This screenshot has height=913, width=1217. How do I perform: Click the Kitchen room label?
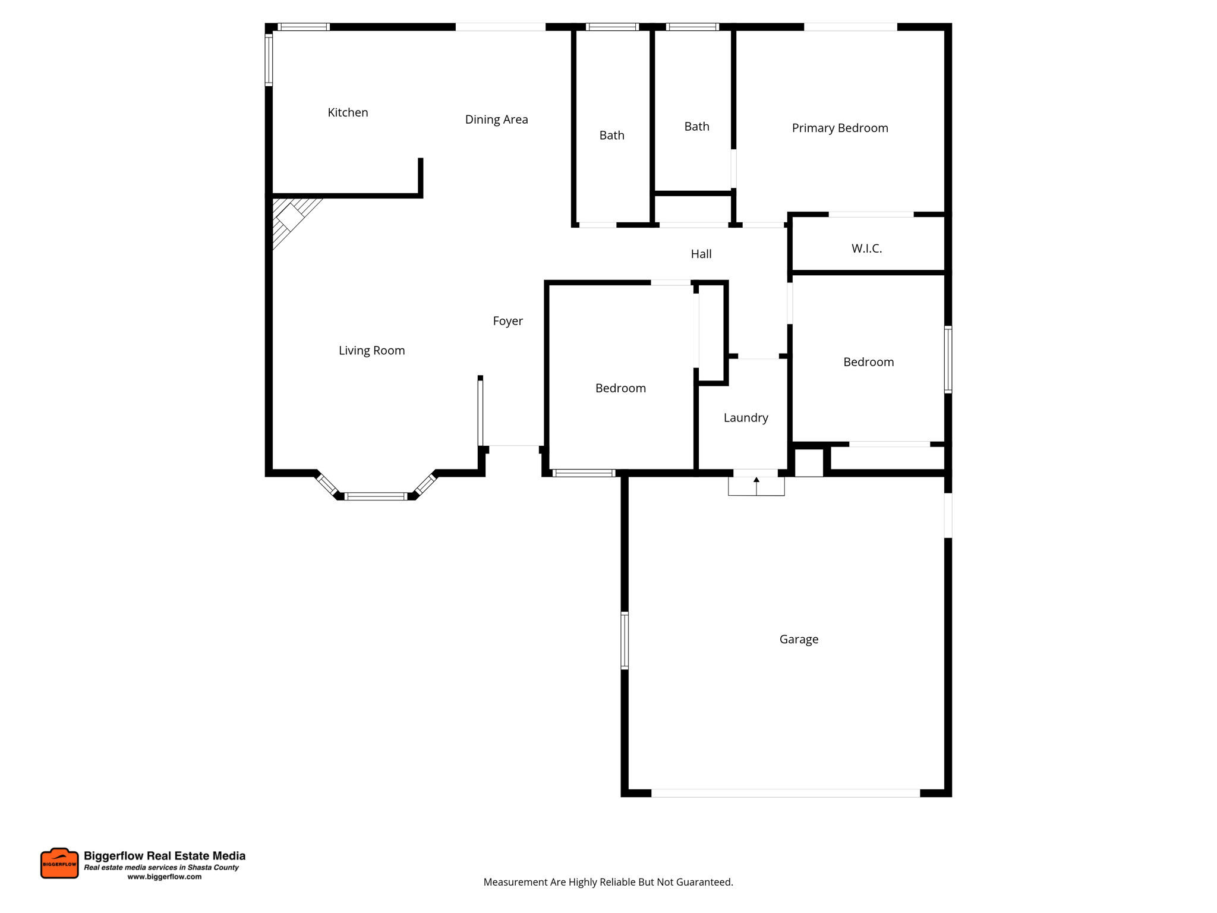click(348, 112)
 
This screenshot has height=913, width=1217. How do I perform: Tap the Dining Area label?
click(496, 119)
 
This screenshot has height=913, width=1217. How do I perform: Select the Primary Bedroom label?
click(840, 128)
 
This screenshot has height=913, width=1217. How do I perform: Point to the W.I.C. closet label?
click(866, 248)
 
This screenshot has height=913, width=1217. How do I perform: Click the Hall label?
click(701, 254)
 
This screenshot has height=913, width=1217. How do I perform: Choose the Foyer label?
click(507, 321)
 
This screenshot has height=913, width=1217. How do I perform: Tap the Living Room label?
click(371, 351)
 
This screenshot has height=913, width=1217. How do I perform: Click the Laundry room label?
click(746, 418)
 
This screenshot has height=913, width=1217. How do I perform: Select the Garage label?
click(799, 639)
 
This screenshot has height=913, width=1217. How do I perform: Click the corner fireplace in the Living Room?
click(290, 217)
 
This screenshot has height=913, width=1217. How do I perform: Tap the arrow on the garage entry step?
click(756, 480)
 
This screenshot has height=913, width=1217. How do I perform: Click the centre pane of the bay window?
click(376, 496)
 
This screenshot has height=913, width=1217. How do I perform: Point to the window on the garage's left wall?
click(625, 641)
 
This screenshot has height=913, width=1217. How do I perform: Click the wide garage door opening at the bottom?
click(785, 793)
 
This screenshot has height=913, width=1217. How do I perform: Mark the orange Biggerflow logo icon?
click(59, 863)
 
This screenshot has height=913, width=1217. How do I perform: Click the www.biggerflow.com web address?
click(165, 877)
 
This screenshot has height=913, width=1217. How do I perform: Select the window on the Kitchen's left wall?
click(269, 60)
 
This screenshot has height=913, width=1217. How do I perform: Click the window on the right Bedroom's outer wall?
click(948, 360)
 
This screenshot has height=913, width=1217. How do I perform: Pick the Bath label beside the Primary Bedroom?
click(696, 127)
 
